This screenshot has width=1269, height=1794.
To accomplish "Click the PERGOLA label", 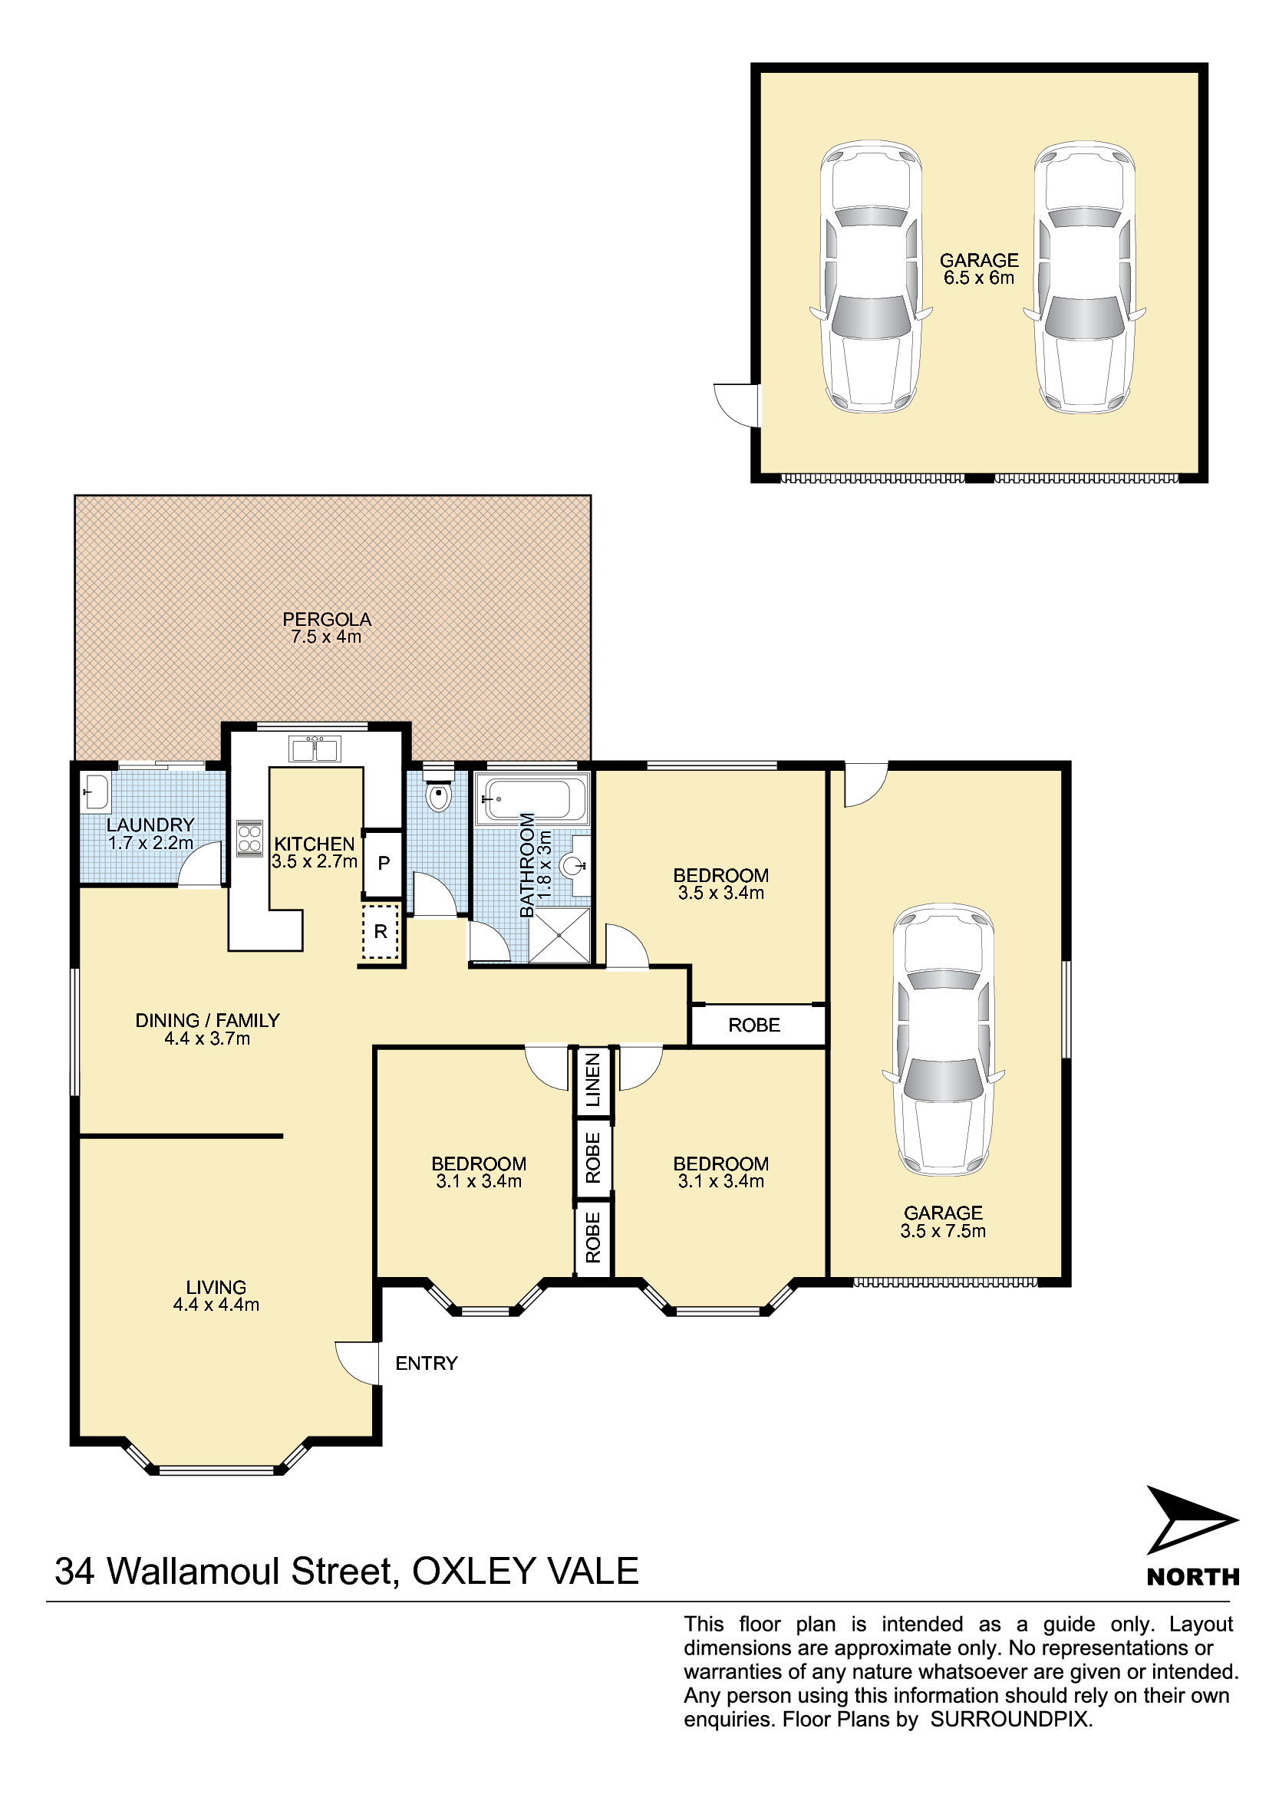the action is [327, 627].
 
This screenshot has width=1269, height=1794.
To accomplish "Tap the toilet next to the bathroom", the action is [439, 791].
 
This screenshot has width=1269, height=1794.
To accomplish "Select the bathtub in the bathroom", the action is [532, 798].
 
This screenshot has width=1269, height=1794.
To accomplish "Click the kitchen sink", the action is [314, 749].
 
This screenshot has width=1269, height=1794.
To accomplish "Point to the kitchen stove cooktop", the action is [249, 838].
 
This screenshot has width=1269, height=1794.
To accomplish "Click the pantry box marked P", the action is [384, 864].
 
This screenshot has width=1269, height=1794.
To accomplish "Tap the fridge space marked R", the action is [381, 931].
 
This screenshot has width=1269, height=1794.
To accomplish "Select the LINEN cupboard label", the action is [593, 1080].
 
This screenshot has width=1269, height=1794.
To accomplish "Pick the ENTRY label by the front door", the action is [426, 1364].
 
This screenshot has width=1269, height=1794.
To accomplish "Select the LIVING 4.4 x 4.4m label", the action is [216, 1295].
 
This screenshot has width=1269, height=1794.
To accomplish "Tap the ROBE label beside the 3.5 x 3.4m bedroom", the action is [754, 1025].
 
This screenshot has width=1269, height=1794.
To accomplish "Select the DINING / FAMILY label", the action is [207, 1029].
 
